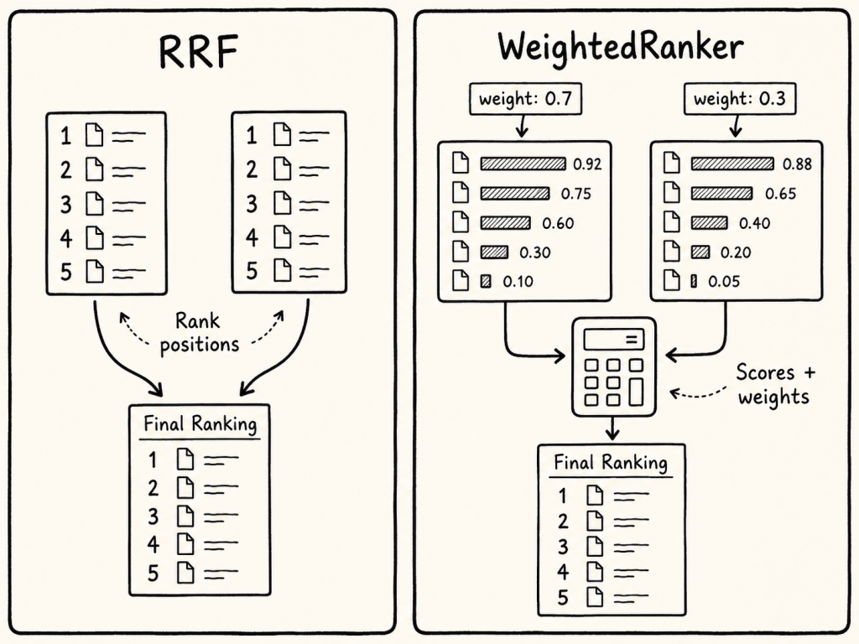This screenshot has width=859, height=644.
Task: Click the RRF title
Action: (x=198, y=52)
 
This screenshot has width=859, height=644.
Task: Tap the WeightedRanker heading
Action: (x=620, y=47)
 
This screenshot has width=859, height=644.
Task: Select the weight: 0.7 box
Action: (x=525, y=99)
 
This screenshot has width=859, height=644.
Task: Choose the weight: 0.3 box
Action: (x=740, y=99)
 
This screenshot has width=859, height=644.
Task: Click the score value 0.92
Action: (x=587, y=164)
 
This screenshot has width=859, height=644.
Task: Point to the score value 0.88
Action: (x=797, y=164)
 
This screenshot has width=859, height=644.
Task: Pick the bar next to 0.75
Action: (x=515, y=194)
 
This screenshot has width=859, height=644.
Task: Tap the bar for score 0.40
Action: (x=710, y=223)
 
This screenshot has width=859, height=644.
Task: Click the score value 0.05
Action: (x=724, y=282)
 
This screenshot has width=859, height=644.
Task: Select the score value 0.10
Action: (x=518, y=282)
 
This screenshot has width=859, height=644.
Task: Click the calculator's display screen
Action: (x=613, y=339)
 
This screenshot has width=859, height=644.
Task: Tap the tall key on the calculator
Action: (x=636, y=391)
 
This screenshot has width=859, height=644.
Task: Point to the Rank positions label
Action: (x=199, y=332)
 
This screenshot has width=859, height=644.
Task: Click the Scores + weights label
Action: (x=774, y=384)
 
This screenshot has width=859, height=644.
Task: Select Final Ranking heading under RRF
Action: (x=200, y=423)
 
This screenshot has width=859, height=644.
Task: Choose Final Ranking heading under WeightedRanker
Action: (x=611, y=463)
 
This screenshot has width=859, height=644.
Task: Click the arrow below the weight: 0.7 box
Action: (x=522, y=126)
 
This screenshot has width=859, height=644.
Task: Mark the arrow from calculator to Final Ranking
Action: (x=612, y=428)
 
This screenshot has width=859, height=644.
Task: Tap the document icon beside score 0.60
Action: (x=461, y=222)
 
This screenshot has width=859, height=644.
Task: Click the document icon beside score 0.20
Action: (x=672, y=252)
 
